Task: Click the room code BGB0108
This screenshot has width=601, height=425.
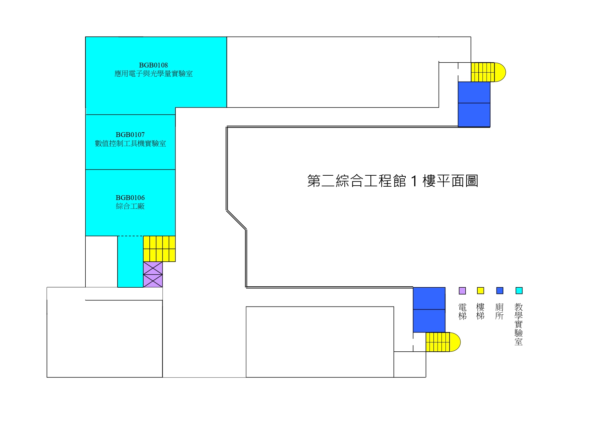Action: [153, 65]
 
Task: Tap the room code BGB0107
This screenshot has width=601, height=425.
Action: [130, 135]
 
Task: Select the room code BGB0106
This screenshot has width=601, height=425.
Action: [130, 198]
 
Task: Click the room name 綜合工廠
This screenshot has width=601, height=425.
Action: [130, 206]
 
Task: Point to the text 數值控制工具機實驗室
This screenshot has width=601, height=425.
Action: [130, 143]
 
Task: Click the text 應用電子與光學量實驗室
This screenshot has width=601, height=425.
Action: [153, 74]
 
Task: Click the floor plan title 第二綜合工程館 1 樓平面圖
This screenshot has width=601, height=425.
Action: [392, 181]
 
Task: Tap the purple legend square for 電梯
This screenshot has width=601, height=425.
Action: [462, 291]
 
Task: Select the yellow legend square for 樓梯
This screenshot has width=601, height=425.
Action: [480, 291]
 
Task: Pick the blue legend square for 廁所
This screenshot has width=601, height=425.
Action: [500, 291]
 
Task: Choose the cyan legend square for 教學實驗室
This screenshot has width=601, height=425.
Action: [519, 291]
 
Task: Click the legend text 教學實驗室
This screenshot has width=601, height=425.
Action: [518, 324]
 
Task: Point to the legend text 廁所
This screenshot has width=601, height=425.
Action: [500, 311]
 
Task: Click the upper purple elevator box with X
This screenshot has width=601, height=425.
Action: [153, 268]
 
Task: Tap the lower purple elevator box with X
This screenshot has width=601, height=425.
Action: [153, 281]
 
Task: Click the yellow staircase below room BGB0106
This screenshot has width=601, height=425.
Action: [159, 249]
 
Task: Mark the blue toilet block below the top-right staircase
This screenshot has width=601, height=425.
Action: [474, 104]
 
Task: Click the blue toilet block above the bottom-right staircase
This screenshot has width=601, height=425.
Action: [429, 310]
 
